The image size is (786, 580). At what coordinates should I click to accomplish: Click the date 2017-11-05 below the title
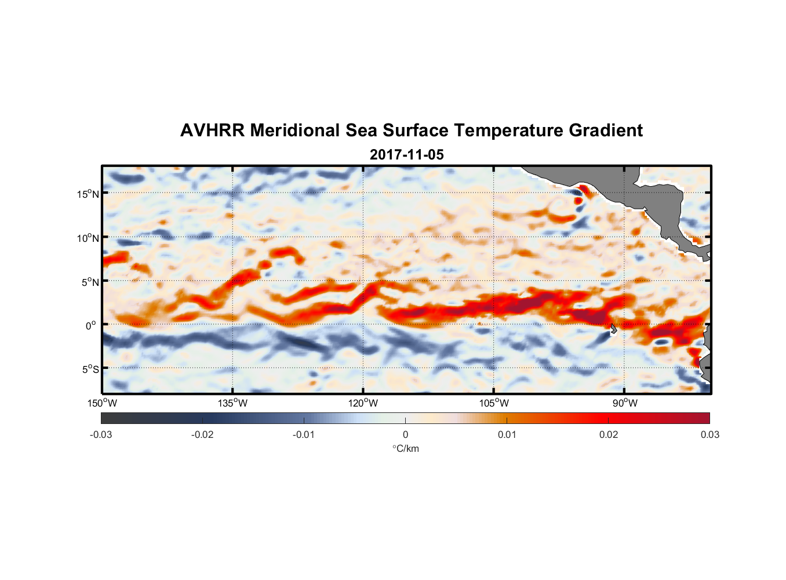(x=406, y=155)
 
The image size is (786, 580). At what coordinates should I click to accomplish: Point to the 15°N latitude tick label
(x=88, y=194)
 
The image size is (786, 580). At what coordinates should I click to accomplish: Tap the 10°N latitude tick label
(x=88, y=238)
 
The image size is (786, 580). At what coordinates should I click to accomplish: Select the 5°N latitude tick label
(x=89, y=282)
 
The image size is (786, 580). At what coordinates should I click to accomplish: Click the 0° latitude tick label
(x=91, y=325)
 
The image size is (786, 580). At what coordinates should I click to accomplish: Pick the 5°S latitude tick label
(x=89, y=369)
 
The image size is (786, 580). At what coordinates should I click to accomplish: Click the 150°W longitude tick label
(x=102, y=403)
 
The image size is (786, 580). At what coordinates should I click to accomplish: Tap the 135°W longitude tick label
(x=233, y=403)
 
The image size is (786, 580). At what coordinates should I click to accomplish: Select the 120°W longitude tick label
(x=363, y=403)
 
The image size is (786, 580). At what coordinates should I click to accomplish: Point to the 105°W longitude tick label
(x=494, y=403)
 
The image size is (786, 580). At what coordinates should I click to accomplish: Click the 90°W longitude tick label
(x=625, y=403)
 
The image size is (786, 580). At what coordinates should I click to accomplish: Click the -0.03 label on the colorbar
(x=101, y=434)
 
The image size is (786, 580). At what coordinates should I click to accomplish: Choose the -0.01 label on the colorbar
(x=304, y=434)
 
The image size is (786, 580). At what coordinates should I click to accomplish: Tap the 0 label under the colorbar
(x=405, y=434)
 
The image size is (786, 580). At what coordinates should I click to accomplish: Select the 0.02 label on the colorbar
(x=609, y=434)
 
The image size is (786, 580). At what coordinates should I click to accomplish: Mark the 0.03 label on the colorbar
(x=709, y=434)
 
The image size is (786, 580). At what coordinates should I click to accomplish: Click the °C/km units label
(x=405, y=448)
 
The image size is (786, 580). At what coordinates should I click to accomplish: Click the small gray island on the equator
(x=613, y=329)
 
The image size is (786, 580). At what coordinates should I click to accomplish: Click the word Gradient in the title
(x=606, y=130)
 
